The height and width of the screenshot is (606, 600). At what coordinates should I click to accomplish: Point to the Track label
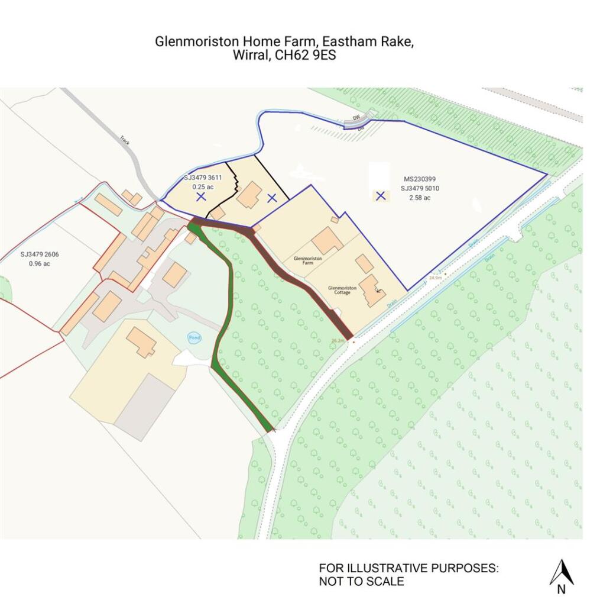click(x=125, y=140)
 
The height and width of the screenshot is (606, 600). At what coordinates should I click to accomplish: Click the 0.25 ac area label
click(x=202, y=186)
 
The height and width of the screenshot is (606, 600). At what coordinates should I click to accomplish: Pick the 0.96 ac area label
click(x=40, y=263)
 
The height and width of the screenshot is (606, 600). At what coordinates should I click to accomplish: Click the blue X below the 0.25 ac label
click(x=201, y=196)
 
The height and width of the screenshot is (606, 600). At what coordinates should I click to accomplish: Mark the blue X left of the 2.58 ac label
click(x=381, y=196)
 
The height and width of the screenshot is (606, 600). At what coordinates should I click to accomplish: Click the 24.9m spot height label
click(x=436, y=277)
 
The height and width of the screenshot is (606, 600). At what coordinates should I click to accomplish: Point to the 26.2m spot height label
click(x=338, y=341)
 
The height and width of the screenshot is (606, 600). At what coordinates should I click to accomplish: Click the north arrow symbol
click(x=561, y=573)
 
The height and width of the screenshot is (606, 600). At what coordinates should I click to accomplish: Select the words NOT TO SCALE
click(x=362, y=581)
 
